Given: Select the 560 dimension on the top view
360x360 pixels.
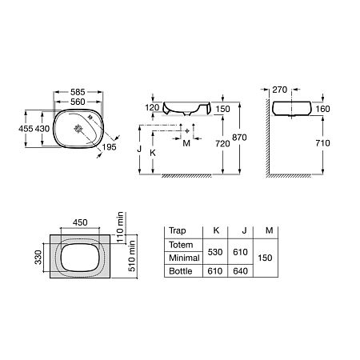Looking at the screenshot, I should point(78,102).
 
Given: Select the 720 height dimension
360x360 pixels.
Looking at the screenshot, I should point(223,145).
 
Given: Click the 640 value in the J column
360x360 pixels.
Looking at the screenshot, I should point(239,272).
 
